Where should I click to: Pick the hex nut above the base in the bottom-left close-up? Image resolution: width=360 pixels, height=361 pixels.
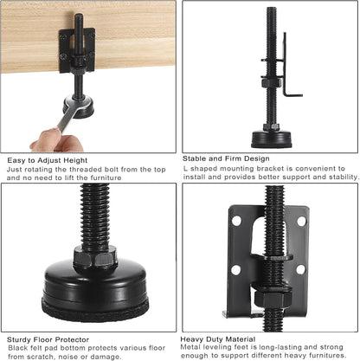[94, 256]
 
